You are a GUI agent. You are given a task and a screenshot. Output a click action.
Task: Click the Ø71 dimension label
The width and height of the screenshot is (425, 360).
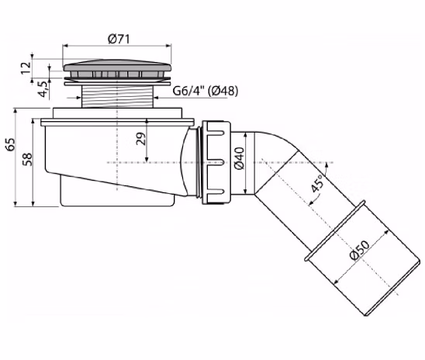tap(119, 39)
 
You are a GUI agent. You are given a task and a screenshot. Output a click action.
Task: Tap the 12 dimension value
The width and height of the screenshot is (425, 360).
tap(26, 68)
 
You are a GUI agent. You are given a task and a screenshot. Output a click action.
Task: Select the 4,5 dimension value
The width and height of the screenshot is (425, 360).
tap(43, 89)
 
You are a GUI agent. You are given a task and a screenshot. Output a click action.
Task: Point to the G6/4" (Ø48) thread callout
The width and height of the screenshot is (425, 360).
tap(206, 91)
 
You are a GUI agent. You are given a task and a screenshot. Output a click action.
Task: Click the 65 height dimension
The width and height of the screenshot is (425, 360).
tap(11, 144)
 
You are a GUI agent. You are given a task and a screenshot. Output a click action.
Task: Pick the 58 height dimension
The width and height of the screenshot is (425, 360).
tap(27, 159)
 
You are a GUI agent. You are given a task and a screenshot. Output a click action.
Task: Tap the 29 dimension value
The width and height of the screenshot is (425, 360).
tap(140, 139)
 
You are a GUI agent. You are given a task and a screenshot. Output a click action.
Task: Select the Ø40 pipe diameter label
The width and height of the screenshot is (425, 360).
tap(240, 158)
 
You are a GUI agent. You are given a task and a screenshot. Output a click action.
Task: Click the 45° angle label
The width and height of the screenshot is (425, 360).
tap(317, 183)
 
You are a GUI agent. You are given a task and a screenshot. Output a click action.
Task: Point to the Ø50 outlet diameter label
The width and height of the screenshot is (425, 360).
tap(359, 250)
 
